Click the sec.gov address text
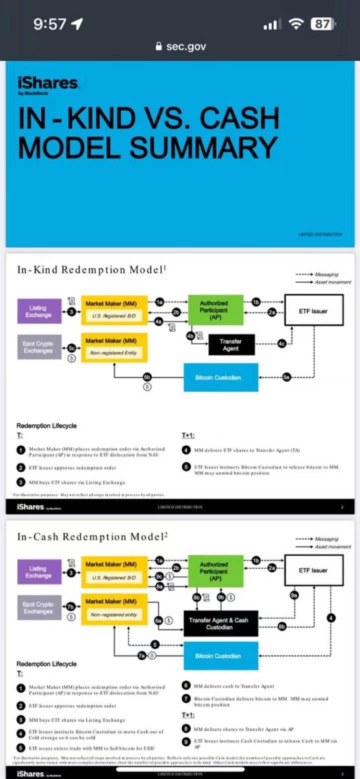(x=186, y=46)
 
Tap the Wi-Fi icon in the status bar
(x=296, y=24)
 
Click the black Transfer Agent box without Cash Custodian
(x=230, y=344)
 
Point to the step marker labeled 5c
(x=71, y=347)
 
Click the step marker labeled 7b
(x=71, y=606)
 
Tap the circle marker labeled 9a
(x=294, y=595)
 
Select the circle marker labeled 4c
(x=282, y=343)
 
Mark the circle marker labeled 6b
(x=282, y=626)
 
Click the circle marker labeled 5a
(x=286, y=377)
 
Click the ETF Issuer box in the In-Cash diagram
(x=313, y=570)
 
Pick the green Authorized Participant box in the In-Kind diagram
(x=214, y=310)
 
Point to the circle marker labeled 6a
(x=158, y=620)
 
